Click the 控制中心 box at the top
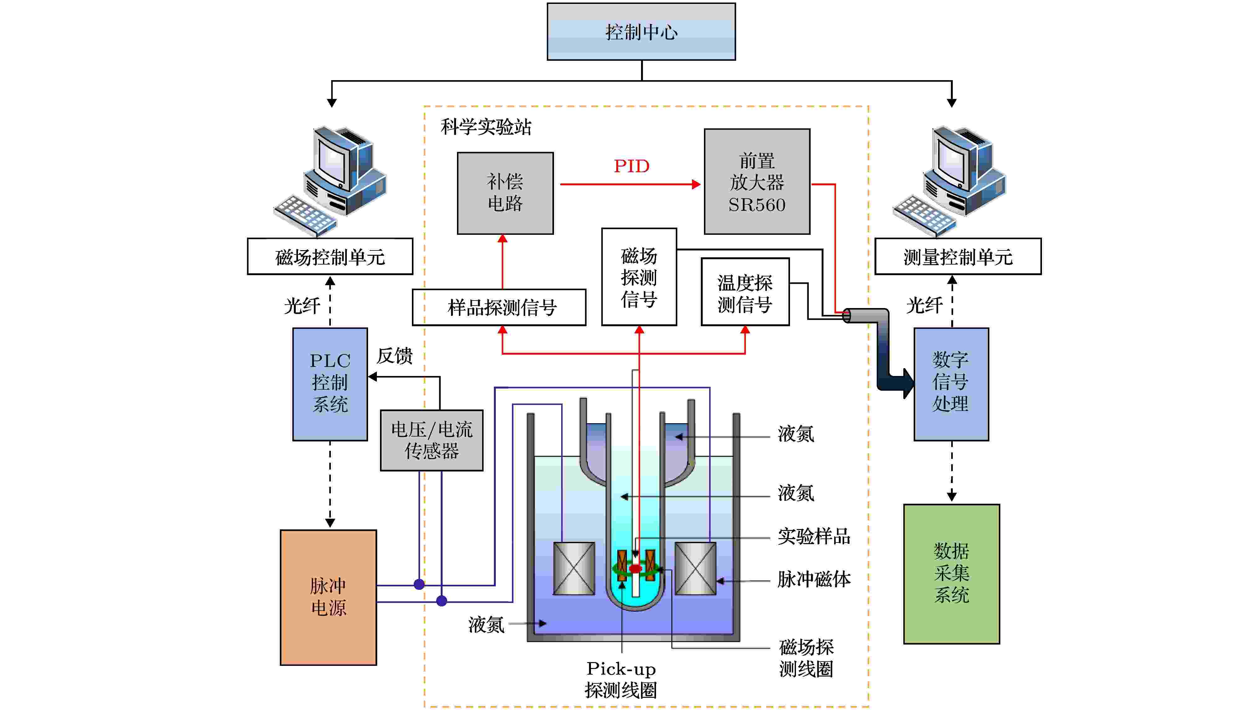[x=641, y=32]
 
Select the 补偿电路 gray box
[x=505, y=193]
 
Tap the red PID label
[x=631, y=167]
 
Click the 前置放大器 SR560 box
[x=757, y=182]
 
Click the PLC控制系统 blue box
[x=330, y=384]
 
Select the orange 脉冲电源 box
[x=328, y=597]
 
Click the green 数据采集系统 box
[x=952, y=574]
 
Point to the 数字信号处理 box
[x=951, y=384]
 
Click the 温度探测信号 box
[x=745, y=292]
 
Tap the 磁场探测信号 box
[x=639, y=277]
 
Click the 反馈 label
[x=394, y=356]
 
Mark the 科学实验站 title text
[x=486, y=127]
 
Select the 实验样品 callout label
[x=814, y=536]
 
